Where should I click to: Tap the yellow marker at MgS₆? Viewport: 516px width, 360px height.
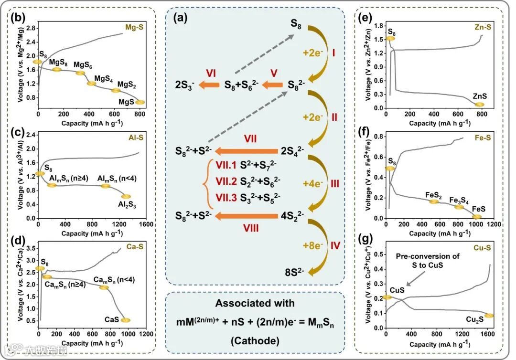coord(80,73)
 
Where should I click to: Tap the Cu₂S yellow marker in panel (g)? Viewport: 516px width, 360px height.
coord(489,316)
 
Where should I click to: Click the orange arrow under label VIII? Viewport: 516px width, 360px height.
coord(247,217)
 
